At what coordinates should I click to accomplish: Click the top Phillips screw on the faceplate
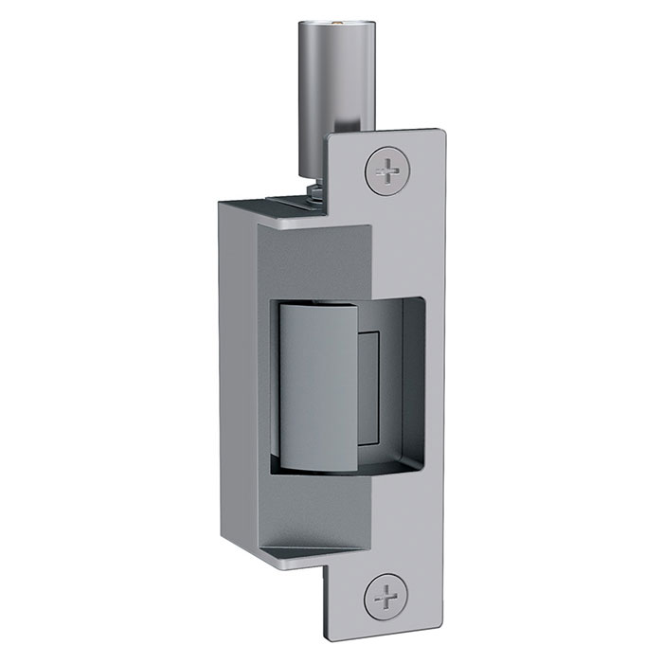point(387,172)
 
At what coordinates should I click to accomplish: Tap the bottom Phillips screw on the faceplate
point(387,597)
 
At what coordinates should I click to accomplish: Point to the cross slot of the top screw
point(387,172)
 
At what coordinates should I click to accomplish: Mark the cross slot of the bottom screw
point(387,597)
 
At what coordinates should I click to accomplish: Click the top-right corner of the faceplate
point(441,131)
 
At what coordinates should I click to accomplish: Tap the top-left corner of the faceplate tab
point(329,138)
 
